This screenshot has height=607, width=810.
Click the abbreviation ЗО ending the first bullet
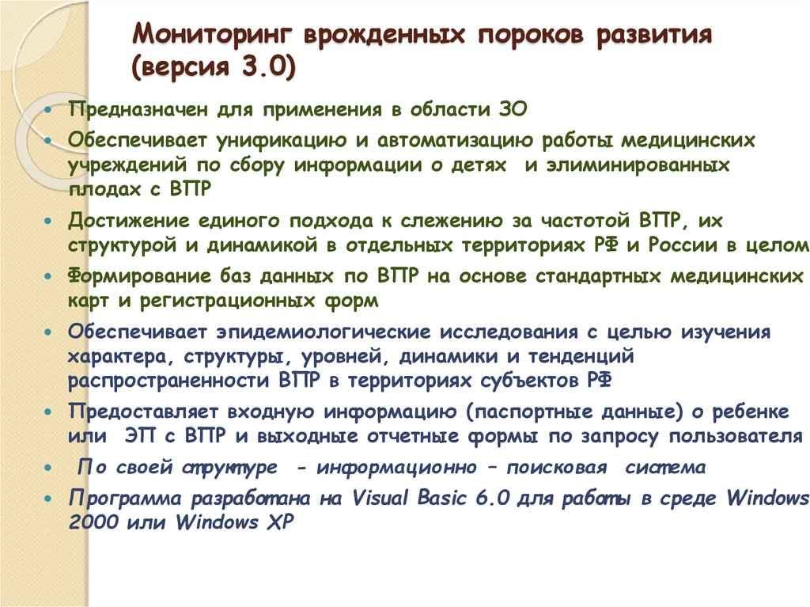[x=513, y=110]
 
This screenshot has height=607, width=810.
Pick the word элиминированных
[x=638, y=165]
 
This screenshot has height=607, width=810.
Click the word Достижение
[x=129, y=221]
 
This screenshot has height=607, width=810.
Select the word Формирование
[x=139, y=276]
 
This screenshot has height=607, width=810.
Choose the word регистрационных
[x=227, y=301]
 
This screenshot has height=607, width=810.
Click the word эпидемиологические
[x=324, y=332]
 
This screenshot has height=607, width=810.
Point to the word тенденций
[x=581, y=357]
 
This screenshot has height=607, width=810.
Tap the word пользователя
[x=736, y=436]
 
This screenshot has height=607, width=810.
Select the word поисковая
[x=556, y=468]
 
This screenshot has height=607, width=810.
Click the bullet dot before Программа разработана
[x=48, y=499]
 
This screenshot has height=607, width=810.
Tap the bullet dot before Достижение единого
[x=48, y=221]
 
